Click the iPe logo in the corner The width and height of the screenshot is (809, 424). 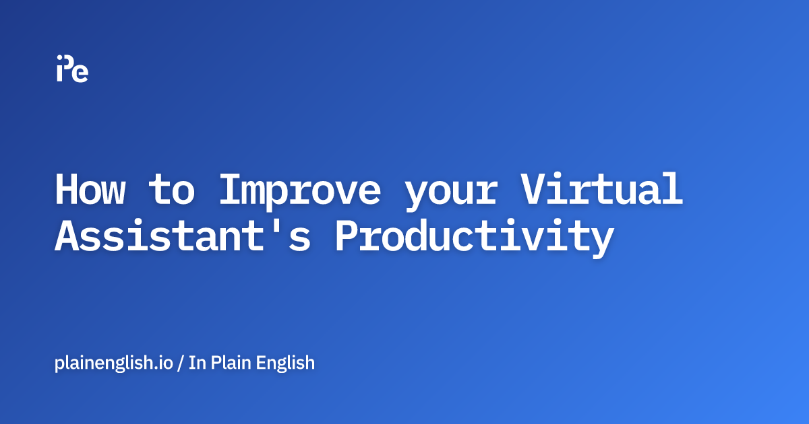tap(72, 68)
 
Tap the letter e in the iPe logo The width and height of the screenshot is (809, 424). tap(81, 73)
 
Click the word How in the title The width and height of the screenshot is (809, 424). tap(90, 190)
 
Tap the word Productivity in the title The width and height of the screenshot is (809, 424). tap(475, 239)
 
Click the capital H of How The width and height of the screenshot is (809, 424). tap(67, 190)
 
